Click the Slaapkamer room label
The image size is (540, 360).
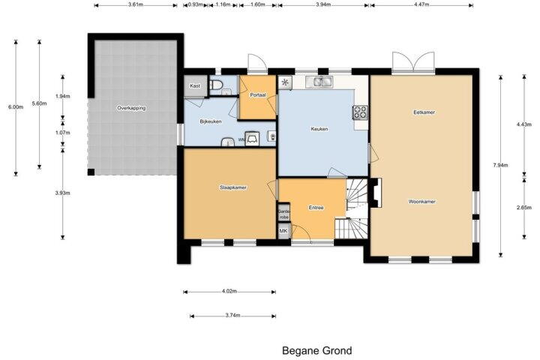tap(233, 187)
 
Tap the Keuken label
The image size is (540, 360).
tap(319, 129)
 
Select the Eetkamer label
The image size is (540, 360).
tap(424, 112)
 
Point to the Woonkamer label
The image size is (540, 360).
tap(421, 202)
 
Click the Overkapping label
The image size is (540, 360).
tap(131, 108)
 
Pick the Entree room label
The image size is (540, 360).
tap(316, 208)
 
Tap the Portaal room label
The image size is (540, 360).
tap(258, 94)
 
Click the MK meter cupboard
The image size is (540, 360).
tap(283, 231)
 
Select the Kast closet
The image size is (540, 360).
tap(195, 85)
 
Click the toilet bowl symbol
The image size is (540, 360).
tap(216, 85)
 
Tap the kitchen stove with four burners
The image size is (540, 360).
tap(361, 112)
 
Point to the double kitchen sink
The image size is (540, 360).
tap(322, 82)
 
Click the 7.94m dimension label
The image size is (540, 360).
tap(500, 165)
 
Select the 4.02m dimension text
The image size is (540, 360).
tap(229, 291)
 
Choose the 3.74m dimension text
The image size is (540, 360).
tap(232, 315)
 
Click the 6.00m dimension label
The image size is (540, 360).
tap(16, 106)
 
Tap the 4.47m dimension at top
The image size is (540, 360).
tap(421, 4)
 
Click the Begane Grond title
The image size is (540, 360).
tap(316, 351)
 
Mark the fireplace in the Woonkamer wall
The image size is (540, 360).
tap(375, 193)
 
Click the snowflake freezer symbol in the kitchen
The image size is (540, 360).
tap(285, 82)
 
